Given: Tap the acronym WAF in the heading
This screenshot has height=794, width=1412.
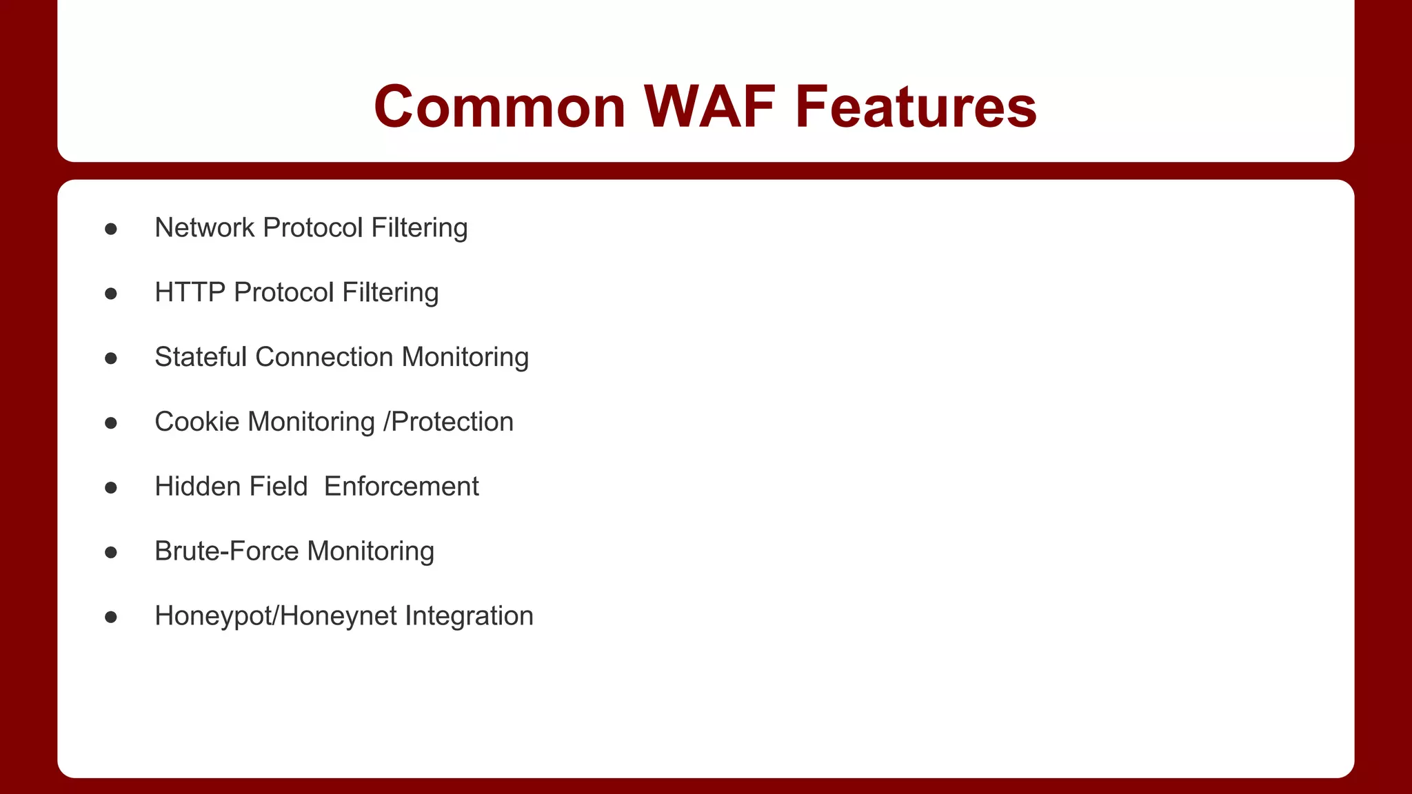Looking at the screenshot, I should (x=710, y=107).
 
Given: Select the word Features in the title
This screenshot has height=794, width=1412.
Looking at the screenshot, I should (x=916, y=107).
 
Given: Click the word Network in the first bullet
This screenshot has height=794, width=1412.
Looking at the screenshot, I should (x=205, y=228).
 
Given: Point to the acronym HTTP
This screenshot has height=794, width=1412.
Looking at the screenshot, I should (x=190, y=293).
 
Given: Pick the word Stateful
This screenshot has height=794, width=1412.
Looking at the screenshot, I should (x=201, y=358).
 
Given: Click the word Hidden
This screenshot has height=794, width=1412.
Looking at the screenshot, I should (x=197, y=487).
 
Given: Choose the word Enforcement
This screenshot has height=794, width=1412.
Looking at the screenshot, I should (x=401, y=487).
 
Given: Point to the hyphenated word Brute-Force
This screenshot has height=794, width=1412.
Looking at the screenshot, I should (x=227, y=551).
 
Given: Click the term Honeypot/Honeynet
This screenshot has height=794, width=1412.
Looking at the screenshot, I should (x=276, y=616).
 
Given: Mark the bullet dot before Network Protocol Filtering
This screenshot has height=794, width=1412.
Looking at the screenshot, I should (x=111, y=229).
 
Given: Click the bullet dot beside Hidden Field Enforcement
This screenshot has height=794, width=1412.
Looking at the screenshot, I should (x=111, y=488).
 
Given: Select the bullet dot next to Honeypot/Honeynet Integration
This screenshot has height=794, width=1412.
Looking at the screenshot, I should (x=111, y=617).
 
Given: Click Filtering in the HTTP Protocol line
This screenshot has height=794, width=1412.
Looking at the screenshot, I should (x=390, y=293).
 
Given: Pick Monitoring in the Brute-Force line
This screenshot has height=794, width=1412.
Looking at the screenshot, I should (x=371, y=551).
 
